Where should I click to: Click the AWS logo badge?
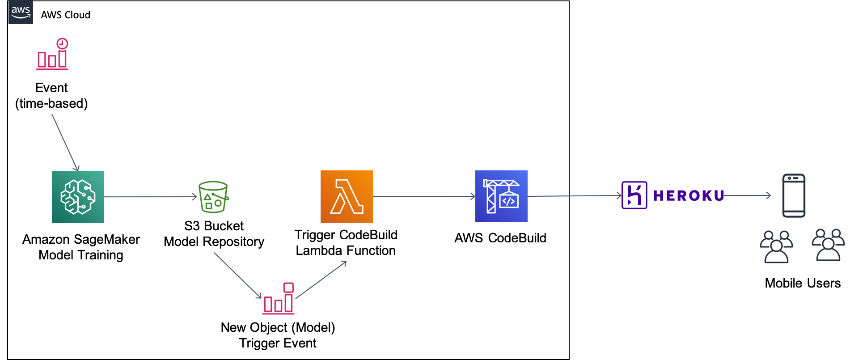click(x=21, y=12)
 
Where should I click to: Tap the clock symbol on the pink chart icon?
click(x=62, y=43)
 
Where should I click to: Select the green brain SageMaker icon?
click(x=78, y=197)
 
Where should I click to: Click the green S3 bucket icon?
click(x=213, y=197)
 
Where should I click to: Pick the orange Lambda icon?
click(x=347, y=196)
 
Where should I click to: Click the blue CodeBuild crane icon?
click(x=501, y=196)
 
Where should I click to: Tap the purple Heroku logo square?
click(x=634, y=195)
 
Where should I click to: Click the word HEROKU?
click(x=688, y=196)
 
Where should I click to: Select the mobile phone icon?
click(x=793, y=195)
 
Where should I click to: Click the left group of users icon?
click(x=776, y=247)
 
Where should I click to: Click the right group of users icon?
click(x=828, y=245)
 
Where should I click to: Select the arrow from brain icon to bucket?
click(x=150, y=197)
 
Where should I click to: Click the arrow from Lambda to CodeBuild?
click(x=423, y=196)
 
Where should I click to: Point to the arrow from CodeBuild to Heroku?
click(x=575, y=196)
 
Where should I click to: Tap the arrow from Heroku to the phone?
click(x=747, y=195)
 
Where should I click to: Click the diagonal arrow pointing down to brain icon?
click(x=65, y=142)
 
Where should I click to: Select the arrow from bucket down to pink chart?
click(x=237, y=275)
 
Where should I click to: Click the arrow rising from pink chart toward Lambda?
click(x=321, y=280)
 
